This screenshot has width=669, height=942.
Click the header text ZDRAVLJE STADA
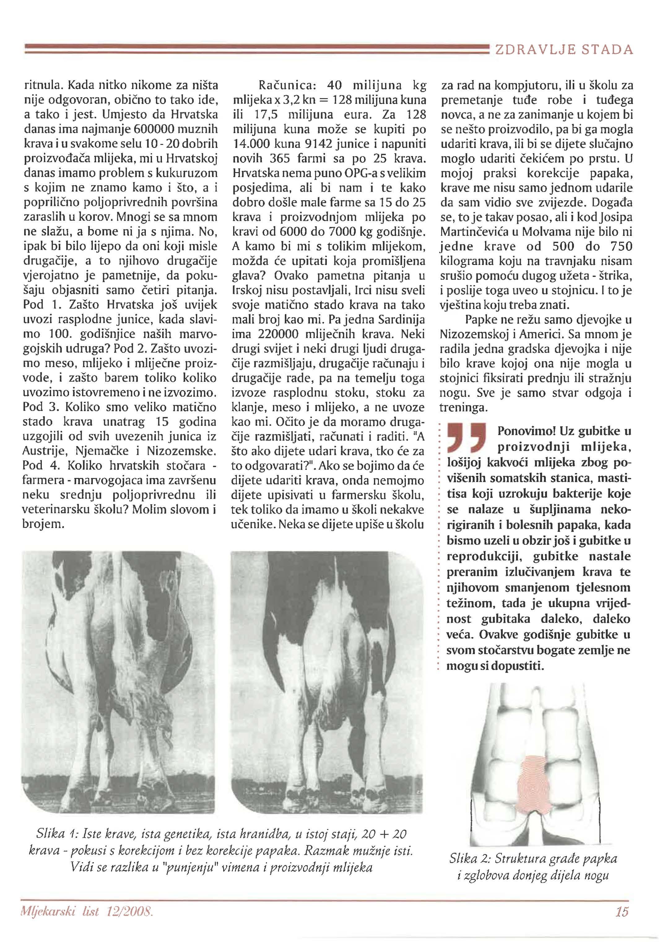[563, 50]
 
